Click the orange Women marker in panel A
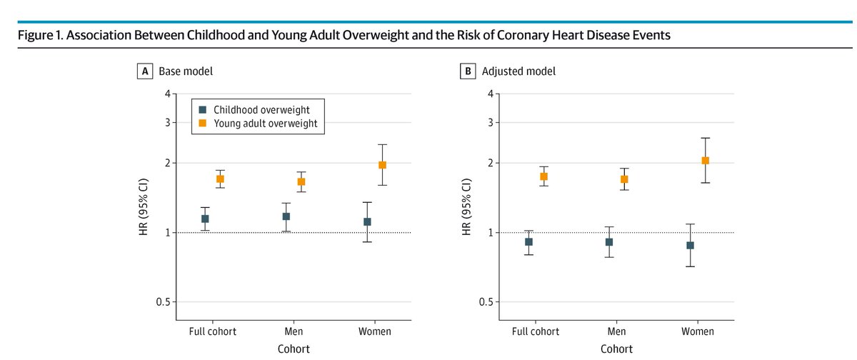tap(382, 165)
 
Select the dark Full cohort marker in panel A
tap(205, 219)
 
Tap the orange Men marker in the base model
tap(301, 181)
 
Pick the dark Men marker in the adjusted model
tap(609, 242)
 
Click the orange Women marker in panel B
tap(705, 161)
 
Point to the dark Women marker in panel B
tap(690, 245)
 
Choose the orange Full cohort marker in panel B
tap(543, 176)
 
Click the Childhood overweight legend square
tap(202, 109)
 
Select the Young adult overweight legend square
tap(202, 124)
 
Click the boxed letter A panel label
tap(146, 71)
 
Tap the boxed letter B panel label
tap(468, 71)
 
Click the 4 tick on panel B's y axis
tap(489, 94)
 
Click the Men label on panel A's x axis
tap(294, 331)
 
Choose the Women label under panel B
tap(697, 331)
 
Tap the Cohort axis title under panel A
tap(294, 349)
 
